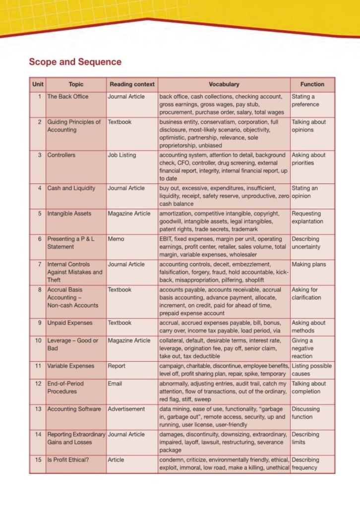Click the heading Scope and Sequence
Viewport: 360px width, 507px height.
click(75, 62)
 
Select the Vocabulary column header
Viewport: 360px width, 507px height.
click(224, 84)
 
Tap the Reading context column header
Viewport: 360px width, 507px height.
click(132, 84)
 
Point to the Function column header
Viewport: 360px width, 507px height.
click(312, 84)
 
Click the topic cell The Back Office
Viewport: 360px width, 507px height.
click(67, 97)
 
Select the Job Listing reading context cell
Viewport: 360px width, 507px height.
click(121, 155)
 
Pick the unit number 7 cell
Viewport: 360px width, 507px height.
click(39, 265)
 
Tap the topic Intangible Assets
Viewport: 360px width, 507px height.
click(69, 214)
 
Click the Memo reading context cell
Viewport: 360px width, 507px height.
click(116, 239)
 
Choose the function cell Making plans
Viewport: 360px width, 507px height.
click(308, 265)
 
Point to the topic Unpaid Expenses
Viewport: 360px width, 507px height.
click(70, 323)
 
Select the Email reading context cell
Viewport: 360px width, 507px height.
click(115, 384)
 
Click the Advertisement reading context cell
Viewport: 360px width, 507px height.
click(126, 409)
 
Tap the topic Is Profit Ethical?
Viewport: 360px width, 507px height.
click(68, 460)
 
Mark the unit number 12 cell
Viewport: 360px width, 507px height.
click(38, 384)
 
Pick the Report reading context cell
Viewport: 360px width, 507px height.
click(117, 366)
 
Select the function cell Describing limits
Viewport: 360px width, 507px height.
click(305, 439)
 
